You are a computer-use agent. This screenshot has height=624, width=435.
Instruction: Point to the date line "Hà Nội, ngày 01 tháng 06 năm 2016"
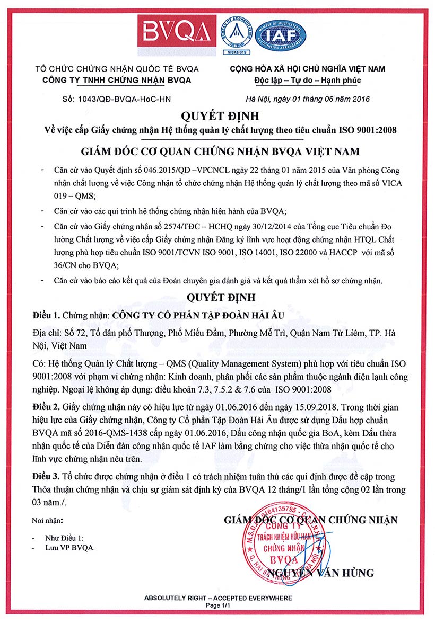coord(307,99)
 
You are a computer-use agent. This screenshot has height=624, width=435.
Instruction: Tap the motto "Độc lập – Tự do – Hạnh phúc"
coord(308,81)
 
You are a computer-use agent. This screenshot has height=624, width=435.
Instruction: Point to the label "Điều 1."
coord(46,315)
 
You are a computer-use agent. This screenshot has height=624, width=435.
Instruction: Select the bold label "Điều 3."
coord(46,477)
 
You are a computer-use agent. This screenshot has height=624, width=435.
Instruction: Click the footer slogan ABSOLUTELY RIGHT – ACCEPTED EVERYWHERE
coord(218,598)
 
